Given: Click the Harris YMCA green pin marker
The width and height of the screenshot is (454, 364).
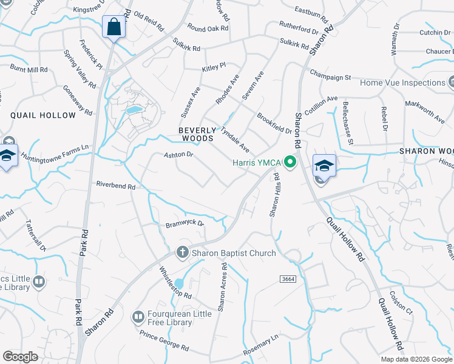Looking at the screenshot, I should [290, 163].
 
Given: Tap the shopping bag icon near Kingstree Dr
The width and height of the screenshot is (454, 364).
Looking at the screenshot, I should [113, 27].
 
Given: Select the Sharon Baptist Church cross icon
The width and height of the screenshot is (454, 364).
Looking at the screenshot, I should [181, 253].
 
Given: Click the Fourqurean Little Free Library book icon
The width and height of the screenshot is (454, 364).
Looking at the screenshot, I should [138, 317].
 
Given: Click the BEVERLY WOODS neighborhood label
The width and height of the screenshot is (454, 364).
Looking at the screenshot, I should [197, 134].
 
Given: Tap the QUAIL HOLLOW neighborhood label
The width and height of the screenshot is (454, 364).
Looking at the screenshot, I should [37, 114].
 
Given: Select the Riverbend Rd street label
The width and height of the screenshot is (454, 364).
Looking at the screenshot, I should [115, 186].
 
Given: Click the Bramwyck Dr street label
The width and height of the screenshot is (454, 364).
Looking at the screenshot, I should [185, 224].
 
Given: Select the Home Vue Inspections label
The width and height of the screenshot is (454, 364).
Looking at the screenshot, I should [403, 83].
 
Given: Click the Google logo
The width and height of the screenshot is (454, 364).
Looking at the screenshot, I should [20, 357].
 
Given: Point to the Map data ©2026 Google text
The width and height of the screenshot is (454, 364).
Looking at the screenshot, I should [415, 359].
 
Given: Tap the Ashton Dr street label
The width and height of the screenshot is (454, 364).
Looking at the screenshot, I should [178, 155].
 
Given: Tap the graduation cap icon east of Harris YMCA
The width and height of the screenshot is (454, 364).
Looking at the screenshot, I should [324, 166].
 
